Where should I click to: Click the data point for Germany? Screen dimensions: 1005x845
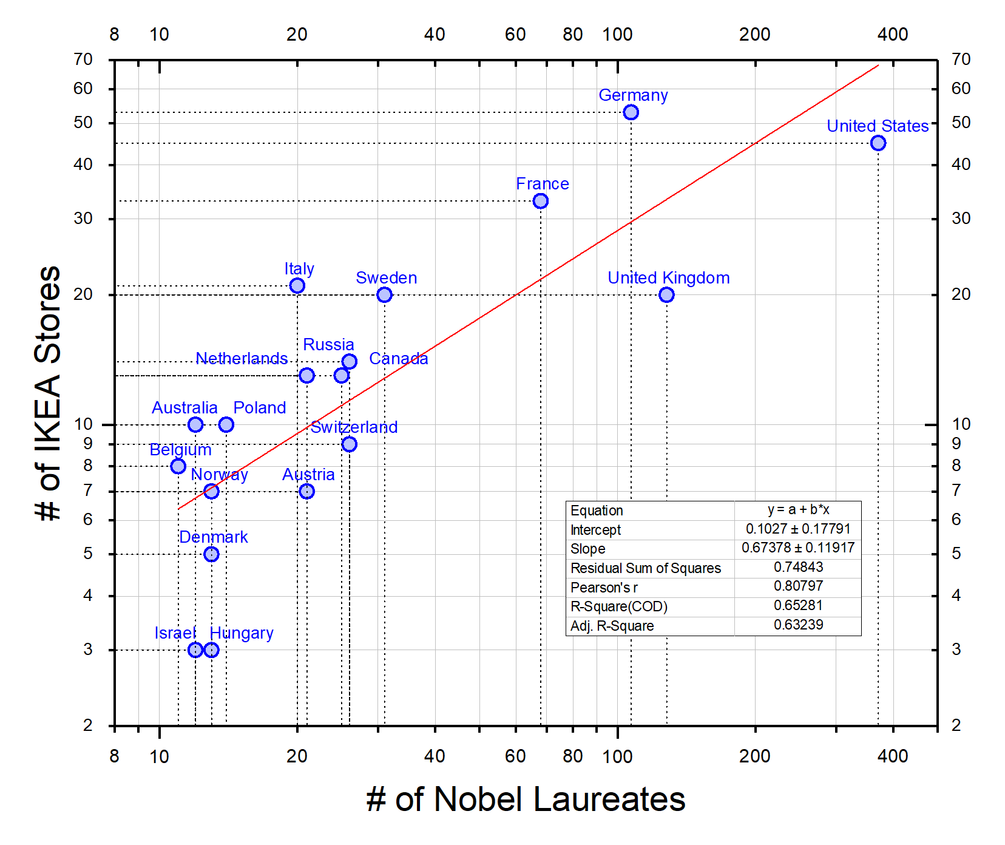[x=631, y=112]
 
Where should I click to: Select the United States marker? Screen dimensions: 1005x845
[x=878, y=143]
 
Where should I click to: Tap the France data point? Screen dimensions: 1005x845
[x=541, y=201]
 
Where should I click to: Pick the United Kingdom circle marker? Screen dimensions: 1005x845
[x=666, y=295]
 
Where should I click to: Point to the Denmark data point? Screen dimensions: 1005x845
[x=211, y=554]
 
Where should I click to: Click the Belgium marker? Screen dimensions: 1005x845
[x=178, y=466]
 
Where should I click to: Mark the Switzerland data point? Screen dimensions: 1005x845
[x=349, y=444]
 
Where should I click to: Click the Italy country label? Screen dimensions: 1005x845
[x=299, y=268]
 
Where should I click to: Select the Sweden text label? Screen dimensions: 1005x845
[x=387, y=278]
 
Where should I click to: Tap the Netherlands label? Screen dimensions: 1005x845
[x=242, y=359]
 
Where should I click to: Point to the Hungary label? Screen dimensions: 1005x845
[x=242, y=633]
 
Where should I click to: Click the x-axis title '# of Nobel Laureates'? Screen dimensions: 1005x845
[x=526, y=799]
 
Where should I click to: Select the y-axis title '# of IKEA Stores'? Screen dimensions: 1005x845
[x=48, y=393]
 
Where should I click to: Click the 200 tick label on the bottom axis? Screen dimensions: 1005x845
[x=755, y=756]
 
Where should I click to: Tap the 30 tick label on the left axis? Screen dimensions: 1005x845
[x=83, y=219]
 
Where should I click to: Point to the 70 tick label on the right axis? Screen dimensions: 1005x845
[x=961, y=59]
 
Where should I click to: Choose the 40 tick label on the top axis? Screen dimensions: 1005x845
[x=435, y=35]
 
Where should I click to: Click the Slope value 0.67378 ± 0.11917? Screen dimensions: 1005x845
[x=798, y=548]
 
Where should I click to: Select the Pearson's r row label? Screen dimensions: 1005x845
[x=604, y=588]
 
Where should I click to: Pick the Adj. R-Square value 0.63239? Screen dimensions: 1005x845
[x=798, y=625]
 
